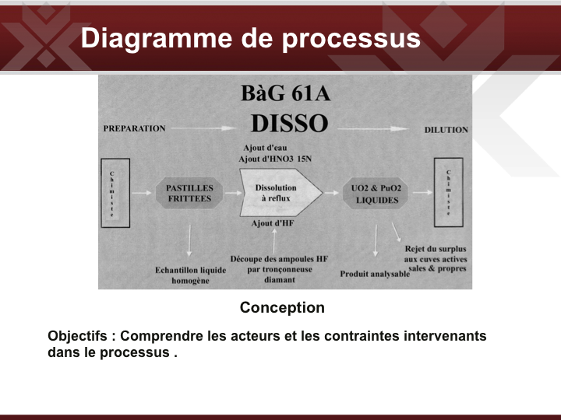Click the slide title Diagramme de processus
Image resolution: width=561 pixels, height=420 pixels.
point(250,39)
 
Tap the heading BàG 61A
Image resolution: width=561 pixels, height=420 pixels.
point(285,93)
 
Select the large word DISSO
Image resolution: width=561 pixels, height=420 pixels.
point(289,123)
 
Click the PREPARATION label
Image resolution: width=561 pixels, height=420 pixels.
point(135,128)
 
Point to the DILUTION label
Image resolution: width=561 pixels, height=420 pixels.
point(446,130)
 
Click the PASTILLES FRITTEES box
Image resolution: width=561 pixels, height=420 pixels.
point(189,193)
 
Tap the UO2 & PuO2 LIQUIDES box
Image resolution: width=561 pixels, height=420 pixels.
point(376,194)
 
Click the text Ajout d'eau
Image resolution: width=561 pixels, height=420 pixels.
point(265,148)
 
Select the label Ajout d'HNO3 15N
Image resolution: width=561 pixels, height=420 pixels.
point(275,159)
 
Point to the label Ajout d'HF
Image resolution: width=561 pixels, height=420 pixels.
point(273,223)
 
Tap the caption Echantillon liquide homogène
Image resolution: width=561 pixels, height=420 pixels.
point(190,275)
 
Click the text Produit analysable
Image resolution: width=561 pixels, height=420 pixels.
point(375,274)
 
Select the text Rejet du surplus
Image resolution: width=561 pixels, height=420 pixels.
point(436,249)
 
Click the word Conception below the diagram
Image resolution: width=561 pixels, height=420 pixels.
point(282,307)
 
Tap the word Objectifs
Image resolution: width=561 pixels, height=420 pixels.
point(77,337)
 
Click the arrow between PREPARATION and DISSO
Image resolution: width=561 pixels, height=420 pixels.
point(203,128)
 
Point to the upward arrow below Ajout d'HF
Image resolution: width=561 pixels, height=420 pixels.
point(274,241)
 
